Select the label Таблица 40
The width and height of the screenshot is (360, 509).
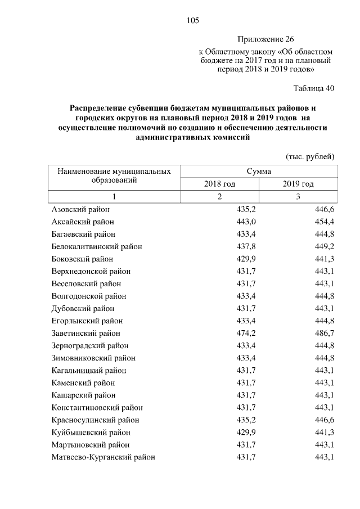click(x=314, y=88)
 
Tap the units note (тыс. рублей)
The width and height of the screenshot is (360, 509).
click(x=310, y=156)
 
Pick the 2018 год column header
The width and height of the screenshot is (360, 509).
click(x=219, y=184)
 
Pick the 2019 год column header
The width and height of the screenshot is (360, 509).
click(x=298, y=184)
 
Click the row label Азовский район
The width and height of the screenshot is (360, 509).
click(x=80, y=209)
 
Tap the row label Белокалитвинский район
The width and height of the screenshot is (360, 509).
click(x=96, y=246)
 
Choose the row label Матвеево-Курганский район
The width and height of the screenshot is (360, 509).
click(x=103, y=457)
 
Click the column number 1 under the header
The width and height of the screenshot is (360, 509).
click(x=114, y=196)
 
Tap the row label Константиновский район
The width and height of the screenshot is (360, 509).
click(x=97, y=407)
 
